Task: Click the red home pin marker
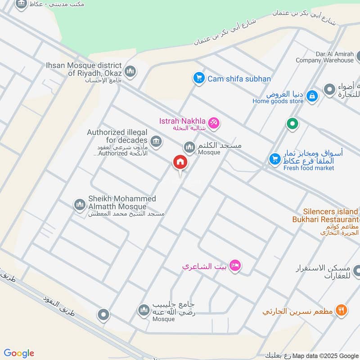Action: tap(180, 162)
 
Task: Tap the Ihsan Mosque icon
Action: tap(130, 72)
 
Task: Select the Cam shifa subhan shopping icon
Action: tap(198, 78)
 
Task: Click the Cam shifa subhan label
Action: tap(239, 79)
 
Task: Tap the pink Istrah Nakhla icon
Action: tap(214, 121)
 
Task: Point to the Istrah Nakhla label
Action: tap(182, 121)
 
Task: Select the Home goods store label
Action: tap(278, 101)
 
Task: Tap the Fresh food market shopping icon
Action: tap(274, 159)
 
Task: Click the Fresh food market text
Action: tap(309, 168)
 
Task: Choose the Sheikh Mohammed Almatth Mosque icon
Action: tap(80, 205)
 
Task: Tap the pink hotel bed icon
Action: tap(234, 266)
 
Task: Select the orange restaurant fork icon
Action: tap(342, 310)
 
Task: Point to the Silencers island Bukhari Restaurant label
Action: tap(325, 215)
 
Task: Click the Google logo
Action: tap(19, 353)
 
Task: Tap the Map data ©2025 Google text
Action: tap(326, 355)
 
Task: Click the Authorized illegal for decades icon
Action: tap(156, 142)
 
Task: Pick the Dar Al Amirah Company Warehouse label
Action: tap(324, 57)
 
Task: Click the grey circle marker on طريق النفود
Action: tap(103, 315)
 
